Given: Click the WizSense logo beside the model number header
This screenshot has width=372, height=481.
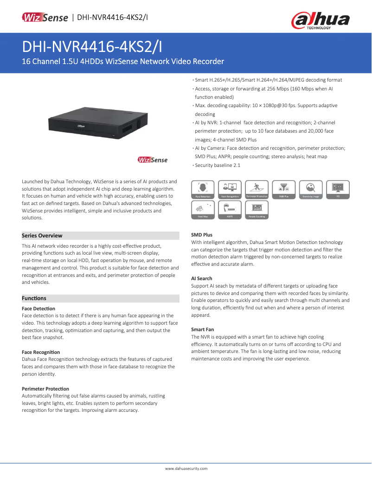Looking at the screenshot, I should click(45, 18).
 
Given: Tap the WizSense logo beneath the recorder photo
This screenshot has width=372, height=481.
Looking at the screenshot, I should click(153, 160).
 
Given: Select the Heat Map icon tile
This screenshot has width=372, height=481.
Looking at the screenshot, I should click(203, 210).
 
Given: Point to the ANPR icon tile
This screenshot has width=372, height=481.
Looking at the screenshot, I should click(230, 210).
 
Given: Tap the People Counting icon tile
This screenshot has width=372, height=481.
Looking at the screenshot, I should click(257, 210).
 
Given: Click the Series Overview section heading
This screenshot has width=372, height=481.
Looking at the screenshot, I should click(42, 236).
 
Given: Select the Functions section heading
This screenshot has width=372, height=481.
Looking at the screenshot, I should click(34, 298).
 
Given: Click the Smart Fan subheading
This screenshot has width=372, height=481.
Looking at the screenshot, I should click(203, 329).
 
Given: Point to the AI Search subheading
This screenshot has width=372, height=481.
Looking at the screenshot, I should click(202, 278).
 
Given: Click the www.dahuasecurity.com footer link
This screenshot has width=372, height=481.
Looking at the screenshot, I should click(186, 469).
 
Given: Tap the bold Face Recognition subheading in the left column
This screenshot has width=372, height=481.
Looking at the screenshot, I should click(41, 352).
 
